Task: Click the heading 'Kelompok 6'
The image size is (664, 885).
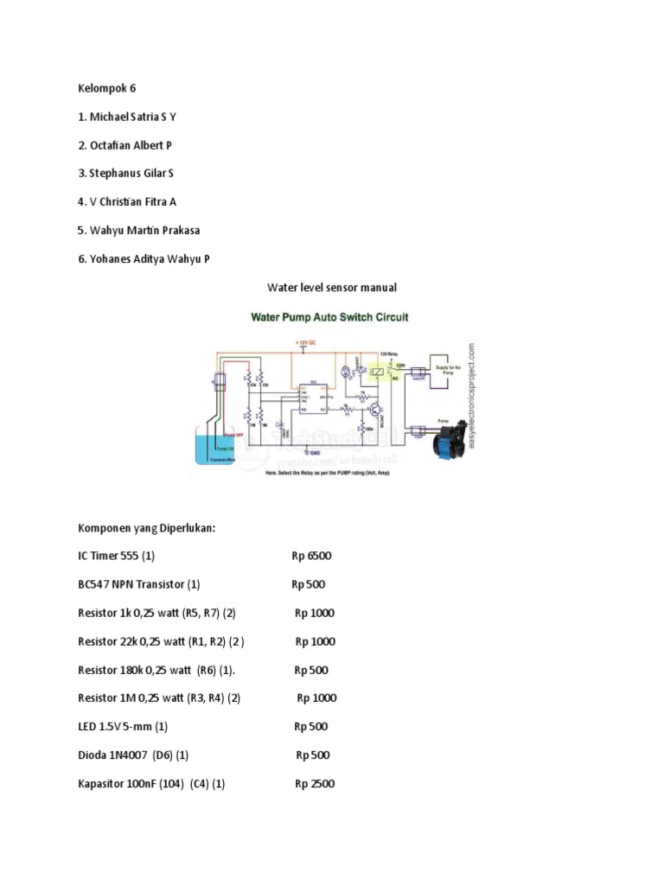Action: [x=106, y=88]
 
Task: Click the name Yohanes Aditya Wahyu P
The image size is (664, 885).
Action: [x=144, y=258]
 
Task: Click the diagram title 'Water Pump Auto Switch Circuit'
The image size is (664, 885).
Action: [x=329, y=317]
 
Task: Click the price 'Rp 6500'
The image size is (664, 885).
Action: [x=311, y=556]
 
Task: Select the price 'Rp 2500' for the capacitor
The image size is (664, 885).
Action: [x=314, y=784]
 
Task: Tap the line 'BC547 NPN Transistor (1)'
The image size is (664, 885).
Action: [x=138, y=584]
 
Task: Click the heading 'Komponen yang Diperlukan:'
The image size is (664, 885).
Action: [x=145, y=527]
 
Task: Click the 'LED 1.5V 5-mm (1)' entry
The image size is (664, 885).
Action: [x=122, y=727]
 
